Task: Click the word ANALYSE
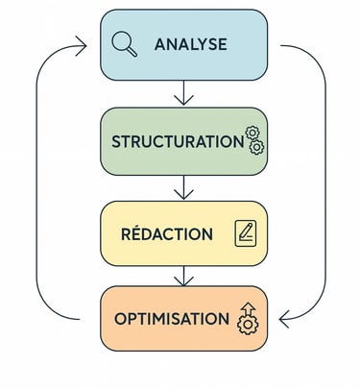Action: coord(190,44)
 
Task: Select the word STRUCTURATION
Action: coord(178,141)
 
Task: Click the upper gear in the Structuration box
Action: coord(252,133)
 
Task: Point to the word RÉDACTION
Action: coord(167,233)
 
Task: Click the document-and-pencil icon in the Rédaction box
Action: coord(247,232)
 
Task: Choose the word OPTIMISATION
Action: coord(172,319)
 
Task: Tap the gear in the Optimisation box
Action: coord(248,326)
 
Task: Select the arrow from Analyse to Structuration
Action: coord(185,93)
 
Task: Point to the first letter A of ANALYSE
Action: coord(160,44)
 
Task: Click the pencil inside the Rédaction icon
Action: coord(249,231)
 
